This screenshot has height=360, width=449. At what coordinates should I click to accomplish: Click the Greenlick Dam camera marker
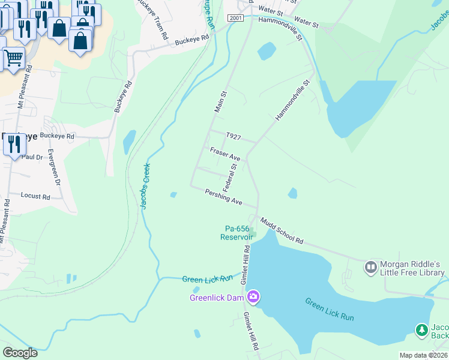(x=253, y=296)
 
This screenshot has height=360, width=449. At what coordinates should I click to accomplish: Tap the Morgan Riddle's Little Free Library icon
(x=370, y=265)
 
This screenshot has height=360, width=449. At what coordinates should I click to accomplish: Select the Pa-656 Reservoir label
(x=237, y=233)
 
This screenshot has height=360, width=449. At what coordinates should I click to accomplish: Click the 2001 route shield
(x=236, y=19)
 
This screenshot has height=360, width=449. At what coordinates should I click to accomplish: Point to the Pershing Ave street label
(x=223, y=197)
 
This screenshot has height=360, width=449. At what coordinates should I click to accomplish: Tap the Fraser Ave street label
(x=225, y=154)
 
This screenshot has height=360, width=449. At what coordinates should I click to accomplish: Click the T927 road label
(x=233, y=137)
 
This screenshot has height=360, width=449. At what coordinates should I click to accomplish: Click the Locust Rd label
(x=35, y=196)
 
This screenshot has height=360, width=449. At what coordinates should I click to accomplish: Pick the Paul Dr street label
(x=32, y=157)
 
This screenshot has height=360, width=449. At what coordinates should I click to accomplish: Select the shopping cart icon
(x=13, y=58)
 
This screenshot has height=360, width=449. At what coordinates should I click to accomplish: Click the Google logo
(x=20, y=352)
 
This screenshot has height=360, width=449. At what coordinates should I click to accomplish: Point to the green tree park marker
(x=422, y=329)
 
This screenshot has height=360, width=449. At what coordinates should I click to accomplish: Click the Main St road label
(x=220, y=101)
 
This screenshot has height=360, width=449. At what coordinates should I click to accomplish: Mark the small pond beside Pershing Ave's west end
(x=173, y=194)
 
